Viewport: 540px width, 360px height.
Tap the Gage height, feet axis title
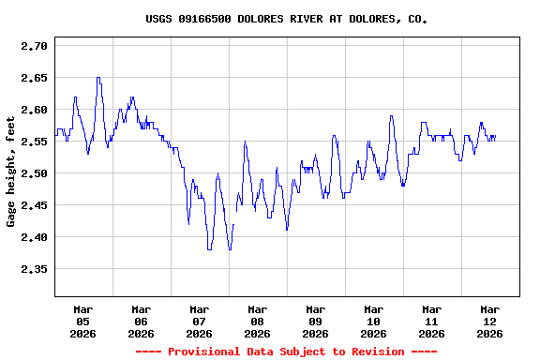coord(11,171)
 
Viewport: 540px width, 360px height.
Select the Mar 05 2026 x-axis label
coord(82,321)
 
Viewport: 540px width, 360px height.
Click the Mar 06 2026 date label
coord(141,321)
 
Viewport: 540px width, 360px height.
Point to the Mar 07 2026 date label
coord(199,321)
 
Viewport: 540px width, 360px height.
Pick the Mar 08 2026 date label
coord(257,321)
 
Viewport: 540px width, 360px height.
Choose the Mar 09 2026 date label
coord(315,321)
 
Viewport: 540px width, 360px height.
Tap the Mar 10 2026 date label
coord(373,321)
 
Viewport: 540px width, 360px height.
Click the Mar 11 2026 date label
coord(431,321)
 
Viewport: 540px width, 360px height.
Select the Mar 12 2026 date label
coord(489,321)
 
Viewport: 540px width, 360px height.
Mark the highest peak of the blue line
coord(98,78)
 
